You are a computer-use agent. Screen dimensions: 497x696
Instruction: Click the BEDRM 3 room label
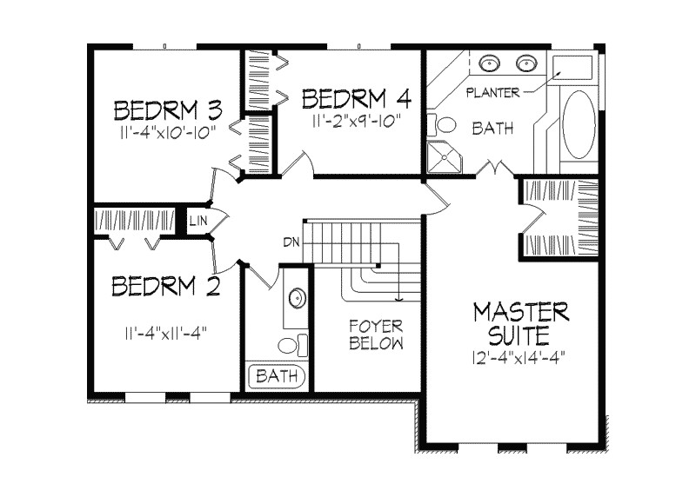click(168, 110)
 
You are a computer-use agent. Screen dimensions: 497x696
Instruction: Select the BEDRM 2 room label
click(165, 286)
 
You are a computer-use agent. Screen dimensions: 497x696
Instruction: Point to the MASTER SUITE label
click(521, 321)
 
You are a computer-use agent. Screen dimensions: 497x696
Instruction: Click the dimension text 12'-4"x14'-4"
click(521, 355)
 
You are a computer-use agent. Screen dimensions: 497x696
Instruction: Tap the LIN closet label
click(197, 222)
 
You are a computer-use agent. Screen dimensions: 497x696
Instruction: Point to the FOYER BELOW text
click(376, 335)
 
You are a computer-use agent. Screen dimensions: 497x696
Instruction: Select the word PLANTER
click(492, 91)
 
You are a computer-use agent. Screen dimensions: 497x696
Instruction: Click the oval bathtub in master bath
click(579, 123)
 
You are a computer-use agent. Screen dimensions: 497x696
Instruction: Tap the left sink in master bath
click(488, 63)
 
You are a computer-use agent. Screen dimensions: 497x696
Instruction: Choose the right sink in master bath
click(525, 63)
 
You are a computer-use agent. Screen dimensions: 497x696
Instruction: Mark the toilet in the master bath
click(441, 123)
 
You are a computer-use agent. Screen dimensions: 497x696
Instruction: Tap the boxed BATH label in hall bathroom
click(278, 377)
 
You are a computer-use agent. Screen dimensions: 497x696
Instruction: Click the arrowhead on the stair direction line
click(398, 300)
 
